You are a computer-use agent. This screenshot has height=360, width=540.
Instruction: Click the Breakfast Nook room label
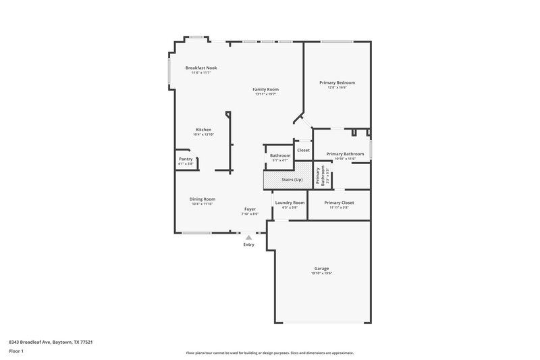pos(201,68)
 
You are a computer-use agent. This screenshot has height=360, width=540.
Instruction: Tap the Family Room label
pos(265,89)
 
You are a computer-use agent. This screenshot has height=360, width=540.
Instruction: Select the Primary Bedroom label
pos(337,82)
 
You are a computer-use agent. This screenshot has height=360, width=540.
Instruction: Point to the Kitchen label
pos(203,130)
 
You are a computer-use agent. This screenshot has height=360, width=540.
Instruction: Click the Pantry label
pos(186,159)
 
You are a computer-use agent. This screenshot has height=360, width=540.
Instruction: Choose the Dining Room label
pos(202,199)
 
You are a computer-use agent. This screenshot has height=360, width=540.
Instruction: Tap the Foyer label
pos(250,209)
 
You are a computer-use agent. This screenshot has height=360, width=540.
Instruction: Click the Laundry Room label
pos(290,203)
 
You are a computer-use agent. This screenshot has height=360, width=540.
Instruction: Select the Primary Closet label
pos(338,203)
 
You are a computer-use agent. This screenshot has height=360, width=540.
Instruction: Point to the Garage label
pos(321,268)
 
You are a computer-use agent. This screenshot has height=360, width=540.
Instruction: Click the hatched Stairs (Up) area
pos(287,180)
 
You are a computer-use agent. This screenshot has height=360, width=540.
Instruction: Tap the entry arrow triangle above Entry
pos(249,237)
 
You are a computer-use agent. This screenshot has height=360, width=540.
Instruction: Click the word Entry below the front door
pos(249,245)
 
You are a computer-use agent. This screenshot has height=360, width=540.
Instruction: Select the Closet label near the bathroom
pos(303,150)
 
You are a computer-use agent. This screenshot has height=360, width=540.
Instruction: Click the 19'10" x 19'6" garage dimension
pos(321,274)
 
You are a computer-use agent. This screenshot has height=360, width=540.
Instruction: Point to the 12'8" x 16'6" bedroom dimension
pos(337,88)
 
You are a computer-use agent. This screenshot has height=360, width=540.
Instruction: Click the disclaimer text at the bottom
pos(269,353)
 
